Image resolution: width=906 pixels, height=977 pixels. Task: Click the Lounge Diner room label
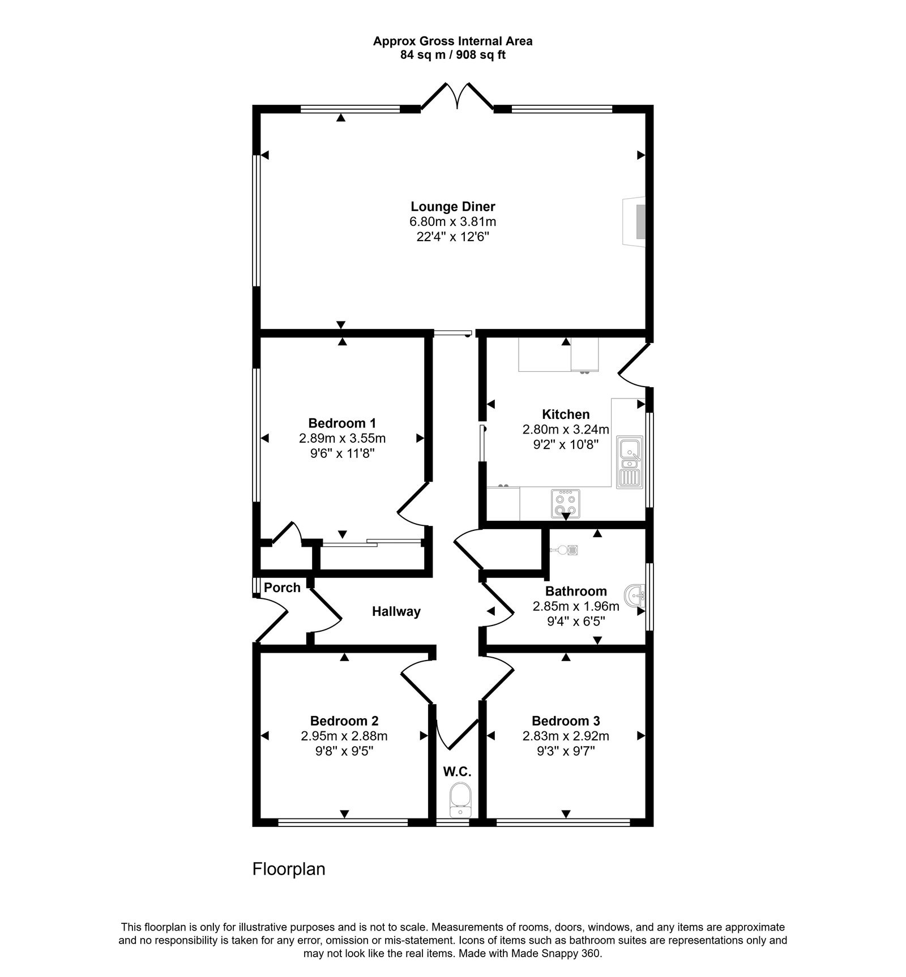pos(453,206)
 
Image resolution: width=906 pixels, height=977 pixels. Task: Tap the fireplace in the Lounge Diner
pos(638,222)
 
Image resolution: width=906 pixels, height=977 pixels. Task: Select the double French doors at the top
pos(457,97)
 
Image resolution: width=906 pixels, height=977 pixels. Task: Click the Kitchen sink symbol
pos(630,462)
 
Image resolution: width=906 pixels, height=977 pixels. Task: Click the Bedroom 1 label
pos(342,423)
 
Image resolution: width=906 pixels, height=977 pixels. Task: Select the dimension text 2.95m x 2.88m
pos(344,736)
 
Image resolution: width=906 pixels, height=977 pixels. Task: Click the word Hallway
pos(396,611)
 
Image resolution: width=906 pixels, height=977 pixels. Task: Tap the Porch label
pos(282,588)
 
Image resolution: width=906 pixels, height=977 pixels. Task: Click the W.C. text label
pos(458,771)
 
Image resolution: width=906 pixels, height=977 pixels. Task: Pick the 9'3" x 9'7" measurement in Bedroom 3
pos(566,751)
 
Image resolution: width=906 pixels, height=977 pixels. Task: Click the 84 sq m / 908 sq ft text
pos(453,55)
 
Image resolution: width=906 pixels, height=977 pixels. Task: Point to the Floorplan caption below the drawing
pos(289,869)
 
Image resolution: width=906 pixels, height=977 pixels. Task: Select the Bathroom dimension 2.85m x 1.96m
pos(576,606)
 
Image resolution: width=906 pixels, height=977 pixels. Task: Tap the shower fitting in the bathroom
pos(565,549)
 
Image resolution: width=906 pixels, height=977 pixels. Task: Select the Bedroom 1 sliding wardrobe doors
pos(371,543)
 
